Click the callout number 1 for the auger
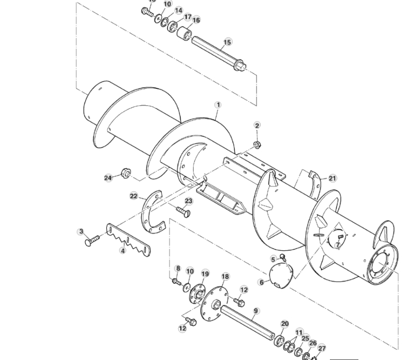tap(217, 105)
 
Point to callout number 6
tap(261, 282)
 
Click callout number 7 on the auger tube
tap(337, 245)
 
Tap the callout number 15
tap(227, 42)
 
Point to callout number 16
tap(196, 20)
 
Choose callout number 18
tap(225, 276)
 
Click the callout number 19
tap(205, 274)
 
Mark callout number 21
tap(332, 179)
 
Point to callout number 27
tap(322, 349)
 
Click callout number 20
tap(284, 324)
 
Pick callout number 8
tap(178, 269)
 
